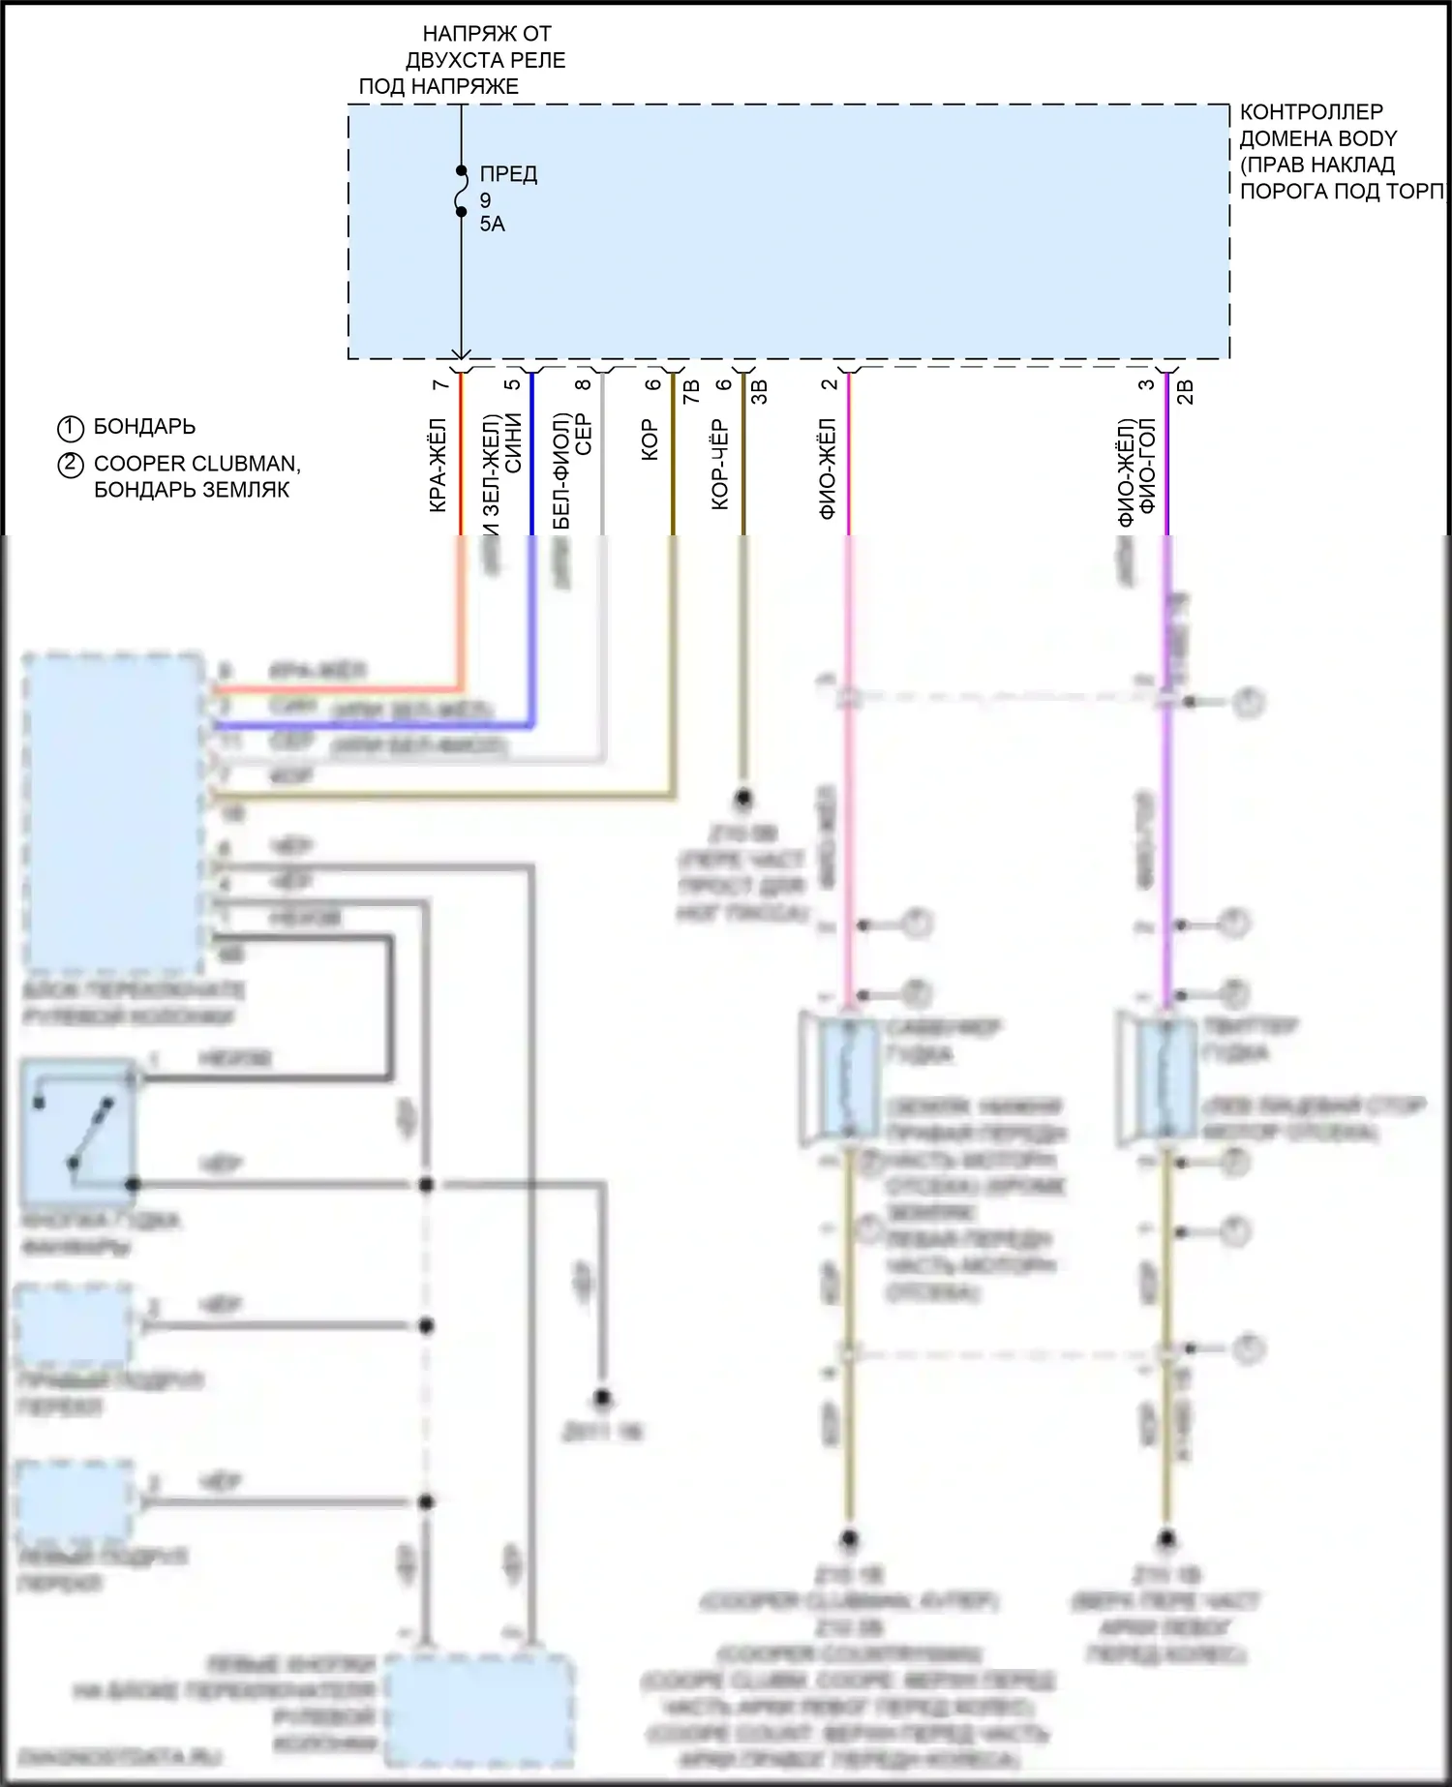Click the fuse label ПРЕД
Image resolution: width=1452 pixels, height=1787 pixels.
click(x=508, y=175)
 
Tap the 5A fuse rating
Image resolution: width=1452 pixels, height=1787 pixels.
click(x=492, y=225)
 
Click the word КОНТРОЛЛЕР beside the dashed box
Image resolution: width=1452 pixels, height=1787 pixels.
click(x=1312, y=112)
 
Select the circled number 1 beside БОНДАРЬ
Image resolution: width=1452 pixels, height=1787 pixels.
click(x=71, y=428)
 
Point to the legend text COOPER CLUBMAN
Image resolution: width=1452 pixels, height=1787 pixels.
click(x=197, y=464)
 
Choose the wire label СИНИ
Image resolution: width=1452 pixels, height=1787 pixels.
click(x=513, y=443)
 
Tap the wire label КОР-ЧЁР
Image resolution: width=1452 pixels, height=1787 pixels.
click(x=720, y=466)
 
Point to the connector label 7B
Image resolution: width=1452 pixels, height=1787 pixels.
click(x=691, y=393)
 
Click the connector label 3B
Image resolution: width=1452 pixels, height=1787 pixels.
click(x=761, y=392)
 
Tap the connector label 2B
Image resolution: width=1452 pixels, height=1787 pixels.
click(x=1185, y=392)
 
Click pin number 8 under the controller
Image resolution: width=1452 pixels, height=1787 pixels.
click(x=582, y=385)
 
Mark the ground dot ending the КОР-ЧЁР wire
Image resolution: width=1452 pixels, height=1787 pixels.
click(x=743, y=799)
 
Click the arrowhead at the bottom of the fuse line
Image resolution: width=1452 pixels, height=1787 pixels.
click(x=461, y=354)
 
